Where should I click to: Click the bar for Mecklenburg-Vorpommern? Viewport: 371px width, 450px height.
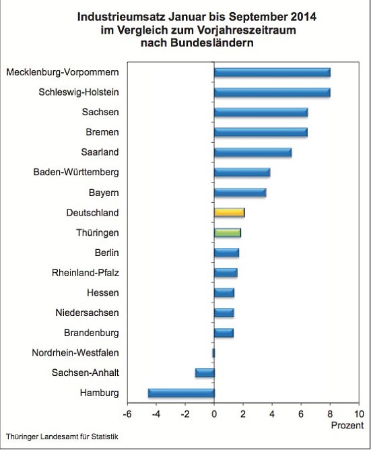click(x=272, y=72)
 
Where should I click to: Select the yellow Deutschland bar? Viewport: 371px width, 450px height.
click(x=229, y=212)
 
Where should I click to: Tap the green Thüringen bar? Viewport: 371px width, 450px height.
click(x=227, y=232)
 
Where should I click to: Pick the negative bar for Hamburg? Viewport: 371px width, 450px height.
click(x=181, y=393)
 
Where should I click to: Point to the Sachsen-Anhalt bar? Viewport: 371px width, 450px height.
click(x=205, y=373)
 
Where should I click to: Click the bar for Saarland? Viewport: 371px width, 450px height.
click(x=252, y=152)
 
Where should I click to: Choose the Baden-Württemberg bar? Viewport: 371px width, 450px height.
click(x=242, y=172)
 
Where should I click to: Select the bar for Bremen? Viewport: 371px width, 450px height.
click(x=261, y=132)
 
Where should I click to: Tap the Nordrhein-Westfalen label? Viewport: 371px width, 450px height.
click(x=75, y=352)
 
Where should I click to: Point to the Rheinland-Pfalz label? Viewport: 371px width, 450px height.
click(x=86, y=273)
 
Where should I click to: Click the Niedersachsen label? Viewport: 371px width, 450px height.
click(x=88, y=313)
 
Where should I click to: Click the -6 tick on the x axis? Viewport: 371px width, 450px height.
click(x=127, y=414)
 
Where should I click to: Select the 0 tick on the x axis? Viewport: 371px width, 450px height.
click(x=214, y=414)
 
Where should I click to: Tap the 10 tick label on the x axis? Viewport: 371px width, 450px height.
click(x=358, y=414)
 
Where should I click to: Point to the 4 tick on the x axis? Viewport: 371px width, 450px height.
click(x=272, y=414)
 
